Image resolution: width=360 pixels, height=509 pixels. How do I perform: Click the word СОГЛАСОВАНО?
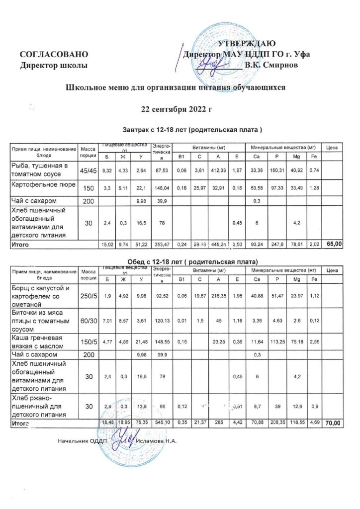[x=53, y=54]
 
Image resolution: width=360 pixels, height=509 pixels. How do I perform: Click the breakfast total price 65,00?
[x=333, y=245]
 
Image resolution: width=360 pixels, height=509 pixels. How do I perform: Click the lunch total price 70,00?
[x=333, y=423]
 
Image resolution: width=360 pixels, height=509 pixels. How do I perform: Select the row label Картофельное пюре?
[x=43, y=185]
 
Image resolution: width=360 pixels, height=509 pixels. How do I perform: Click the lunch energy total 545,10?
[x=162, y=423]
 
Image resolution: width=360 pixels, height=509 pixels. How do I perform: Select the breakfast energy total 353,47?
[x=162, y=245]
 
